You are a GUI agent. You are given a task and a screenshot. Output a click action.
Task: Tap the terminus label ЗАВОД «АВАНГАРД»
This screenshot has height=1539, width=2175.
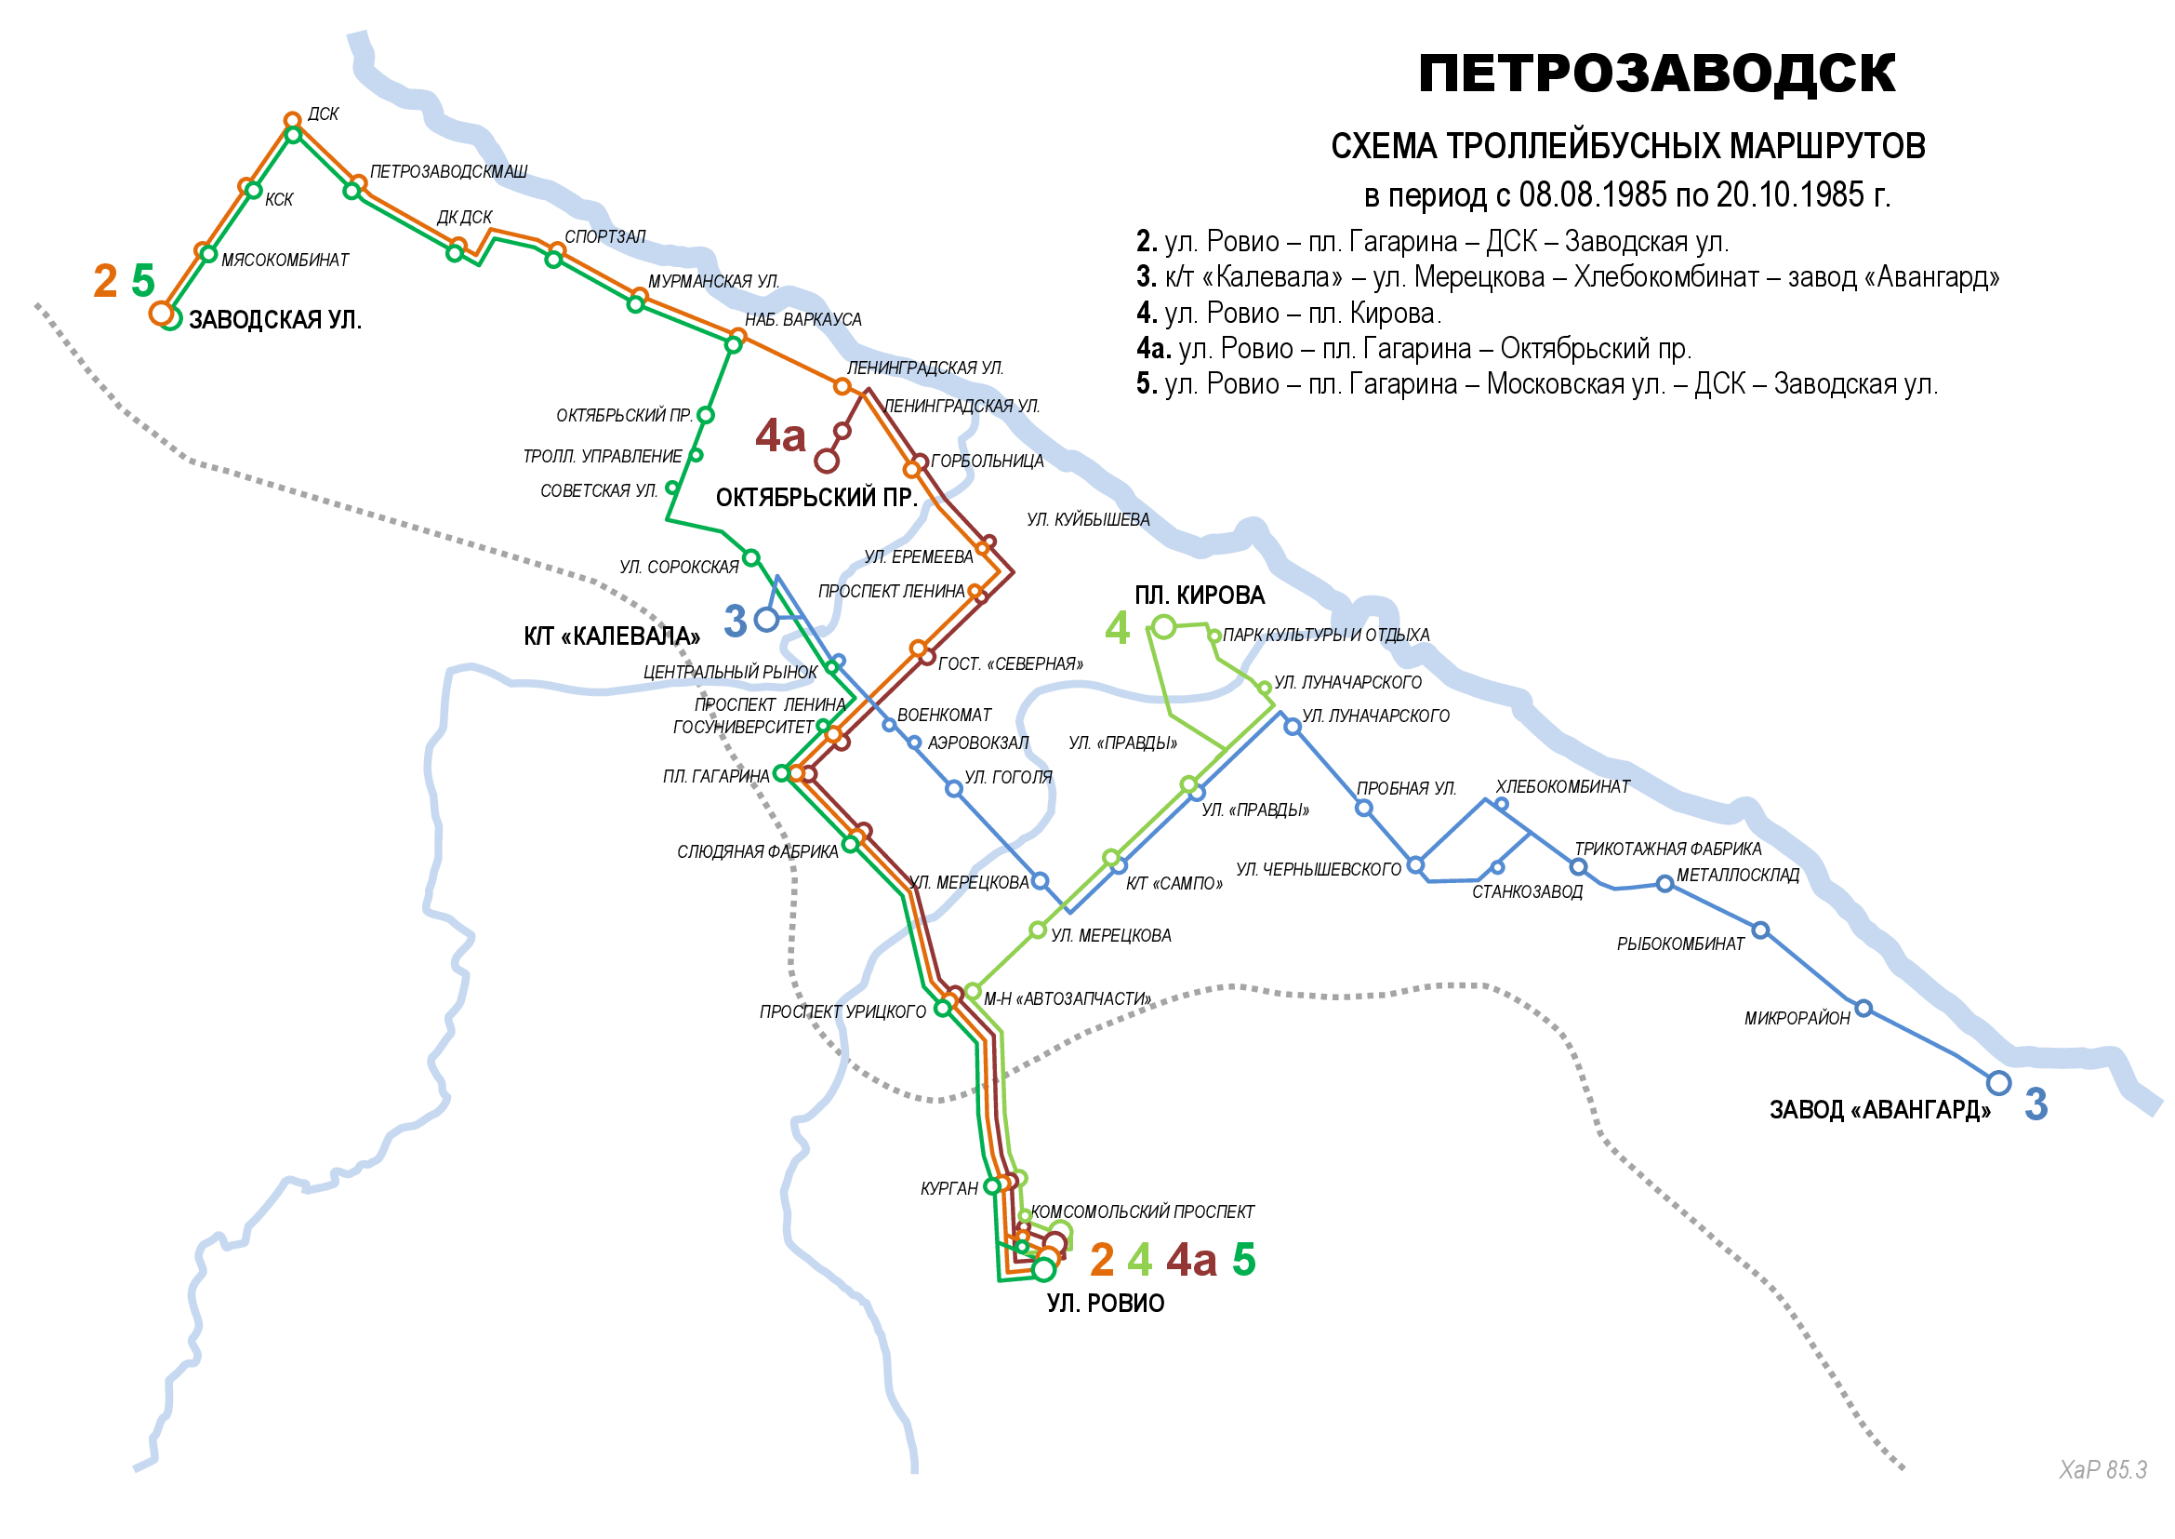[x=1879, y=1110]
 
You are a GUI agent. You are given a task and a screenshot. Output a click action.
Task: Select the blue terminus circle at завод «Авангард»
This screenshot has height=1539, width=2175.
[x=1999, y=1082]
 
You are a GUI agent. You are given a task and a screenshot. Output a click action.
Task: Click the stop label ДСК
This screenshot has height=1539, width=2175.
[x=323, y=114]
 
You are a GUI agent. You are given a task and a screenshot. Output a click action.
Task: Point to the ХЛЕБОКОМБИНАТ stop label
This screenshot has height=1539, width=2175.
[x=1562, y=786]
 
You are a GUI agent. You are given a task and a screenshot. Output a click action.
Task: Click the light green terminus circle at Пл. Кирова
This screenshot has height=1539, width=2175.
[x=1164, y=626]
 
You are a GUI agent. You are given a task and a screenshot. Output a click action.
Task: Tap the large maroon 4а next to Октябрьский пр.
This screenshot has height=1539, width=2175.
[x=779, y=435]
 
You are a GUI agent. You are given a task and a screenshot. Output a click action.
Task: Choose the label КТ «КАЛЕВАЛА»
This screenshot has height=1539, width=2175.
[x=612, y=636]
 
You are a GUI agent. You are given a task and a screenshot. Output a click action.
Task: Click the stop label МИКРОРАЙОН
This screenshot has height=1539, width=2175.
[x=1797, y=1019]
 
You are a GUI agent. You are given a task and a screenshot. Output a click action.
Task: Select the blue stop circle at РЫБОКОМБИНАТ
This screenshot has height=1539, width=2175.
[x=1760, y=930]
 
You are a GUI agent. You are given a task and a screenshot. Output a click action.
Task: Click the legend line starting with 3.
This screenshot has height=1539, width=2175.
[x=1567, y=276]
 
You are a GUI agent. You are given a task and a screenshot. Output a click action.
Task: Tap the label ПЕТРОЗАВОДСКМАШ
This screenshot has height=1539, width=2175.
[x=448, y=171]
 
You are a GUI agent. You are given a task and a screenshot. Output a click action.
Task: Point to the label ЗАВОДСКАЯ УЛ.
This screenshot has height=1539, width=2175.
[x=274, y=320]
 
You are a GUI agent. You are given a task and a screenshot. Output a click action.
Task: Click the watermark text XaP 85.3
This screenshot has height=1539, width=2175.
[x=2102, y=1470]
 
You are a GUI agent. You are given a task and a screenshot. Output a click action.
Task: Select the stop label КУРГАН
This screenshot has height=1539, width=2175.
[x=949, y=1188]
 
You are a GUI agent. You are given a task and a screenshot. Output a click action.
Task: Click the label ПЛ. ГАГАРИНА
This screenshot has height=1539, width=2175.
[x=716, y=777]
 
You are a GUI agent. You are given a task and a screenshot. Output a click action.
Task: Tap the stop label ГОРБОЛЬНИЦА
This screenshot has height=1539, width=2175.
[x=988, y=462]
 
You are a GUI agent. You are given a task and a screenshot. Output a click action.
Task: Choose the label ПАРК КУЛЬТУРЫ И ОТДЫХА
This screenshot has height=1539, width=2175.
[x=1325, y=635]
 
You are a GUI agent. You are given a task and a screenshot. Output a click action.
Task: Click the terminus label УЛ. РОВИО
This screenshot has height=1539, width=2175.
[x=1106, y=1303]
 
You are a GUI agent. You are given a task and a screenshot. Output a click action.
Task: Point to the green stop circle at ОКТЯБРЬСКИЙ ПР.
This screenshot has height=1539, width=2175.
[x=706, y=415]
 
